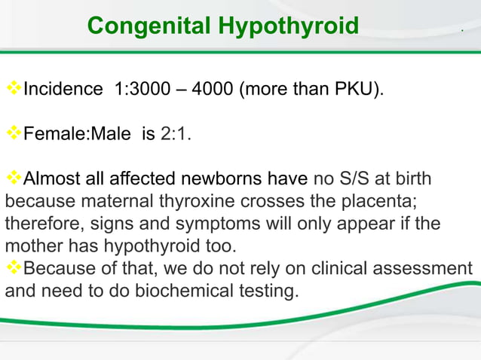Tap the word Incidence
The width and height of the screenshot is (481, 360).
tap(63, 90)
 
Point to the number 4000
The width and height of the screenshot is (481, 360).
tap(213, 90)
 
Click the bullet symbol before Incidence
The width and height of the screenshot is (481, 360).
tap(14, 90)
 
